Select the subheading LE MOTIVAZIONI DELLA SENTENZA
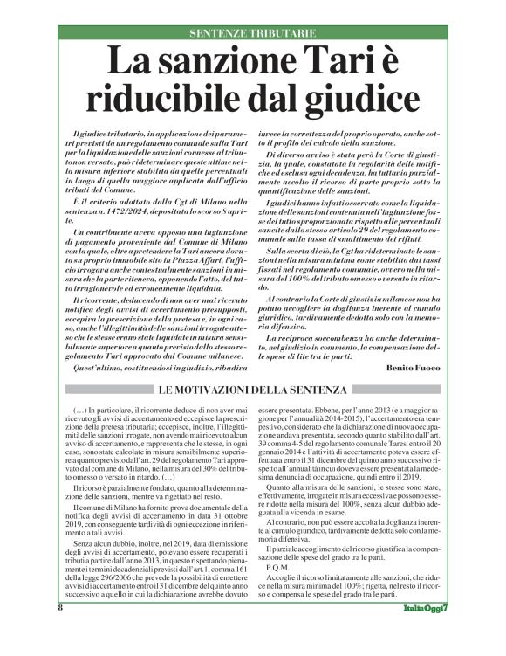[x=253, y=388]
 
